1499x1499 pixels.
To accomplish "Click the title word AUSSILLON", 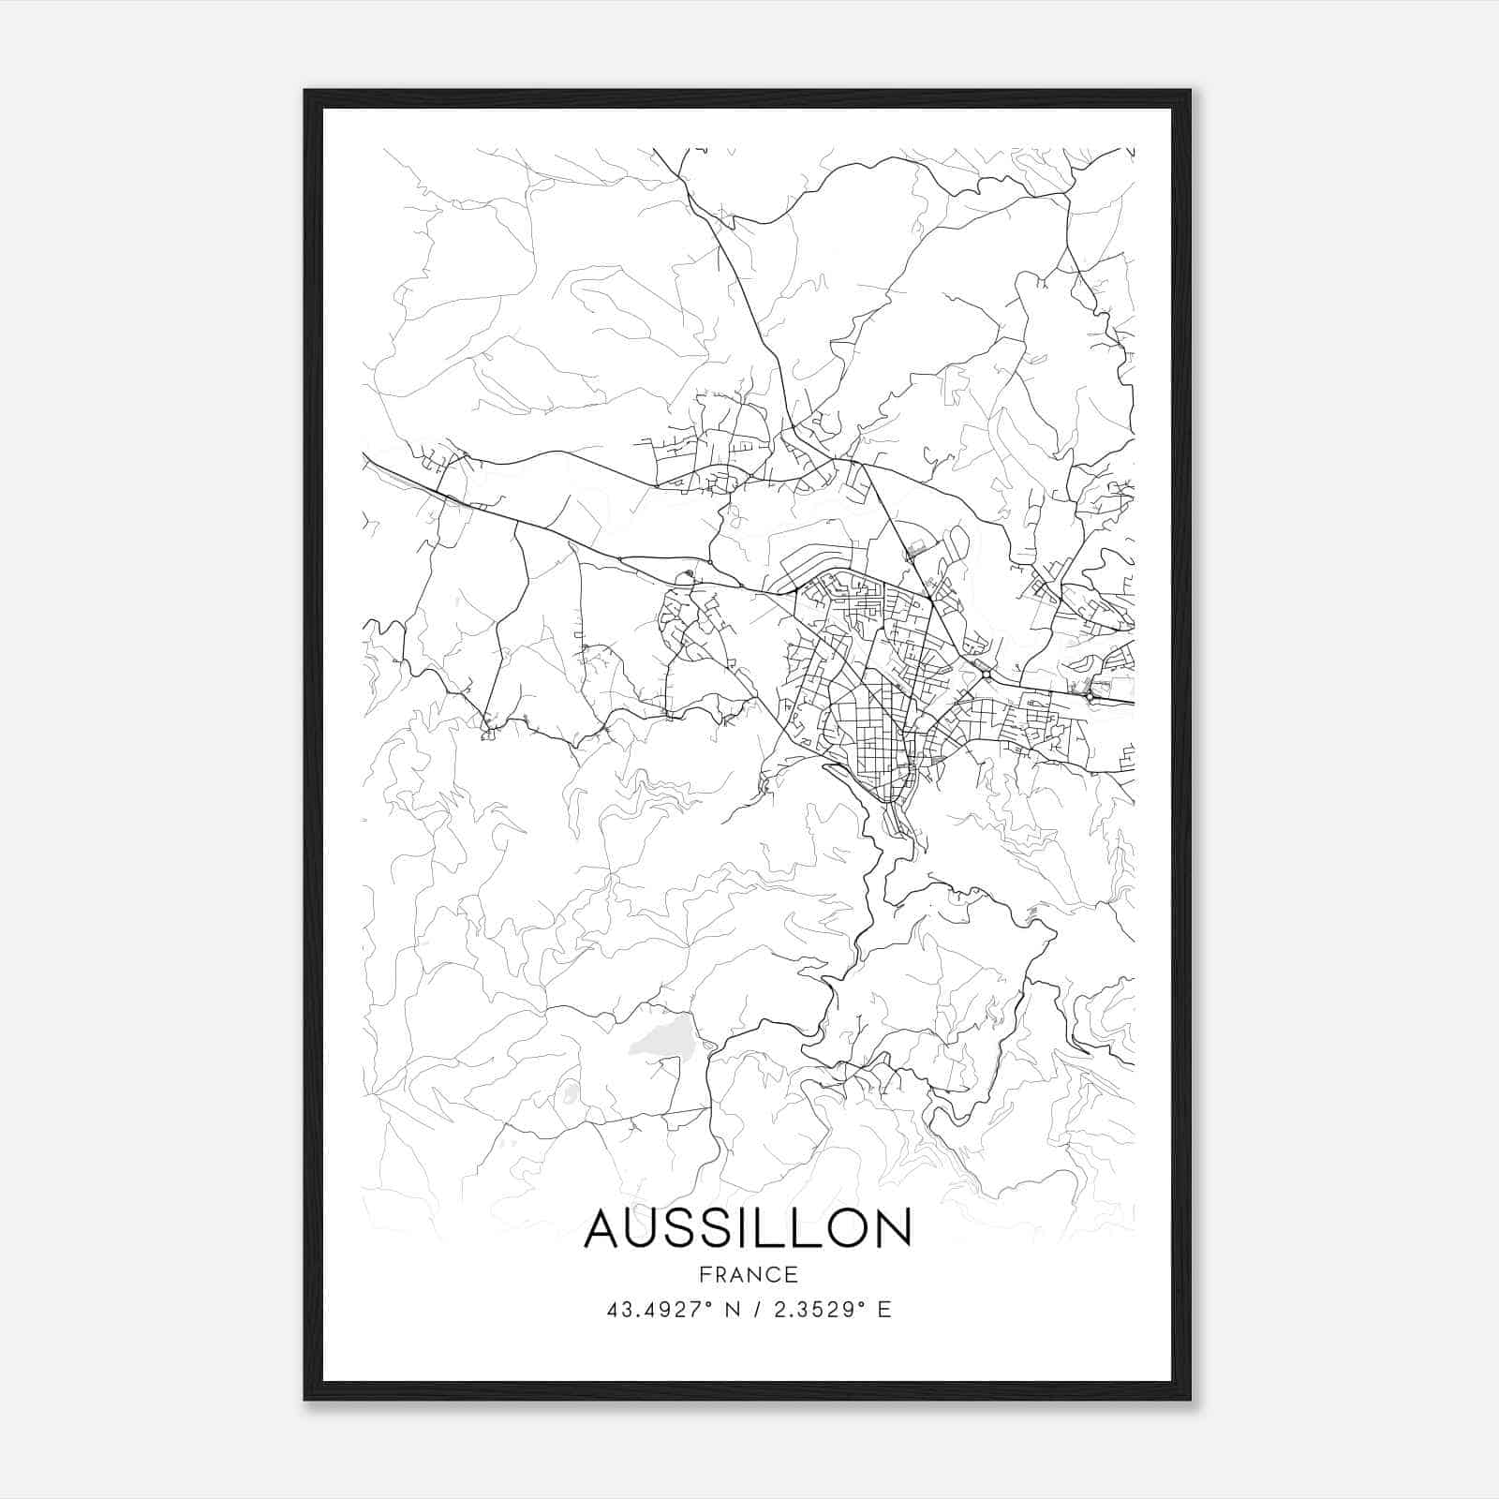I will pyautogui.click(x=748, y=1229).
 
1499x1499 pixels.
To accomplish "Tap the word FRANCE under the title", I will pyautogui.click(x=748, y=1275).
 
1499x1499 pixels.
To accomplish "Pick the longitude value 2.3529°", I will pyautogui.click(x=818, y=1310).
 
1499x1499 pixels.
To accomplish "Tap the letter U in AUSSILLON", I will pyautogui.click(x=647, y=1229).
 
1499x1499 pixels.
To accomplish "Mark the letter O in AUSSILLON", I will pyautogui.click(x=846, y=1229).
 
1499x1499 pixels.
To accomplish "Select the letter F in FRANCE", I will pyautogui.click(x=703, y=1275).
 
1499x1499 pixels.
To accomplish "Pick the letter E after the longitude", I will pyautogui.click(x=884, y=1310).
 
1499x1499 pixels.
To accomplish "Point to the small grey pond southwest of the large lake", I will pyautogui.click(x=569, y=1093).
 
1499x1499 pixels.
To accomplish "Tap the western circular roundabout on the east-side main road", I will pyautogui.click(x=986, y=675).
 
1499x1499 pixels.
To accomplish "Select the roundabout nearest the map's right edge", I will pyautogui.click(x=1092, y=696).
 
